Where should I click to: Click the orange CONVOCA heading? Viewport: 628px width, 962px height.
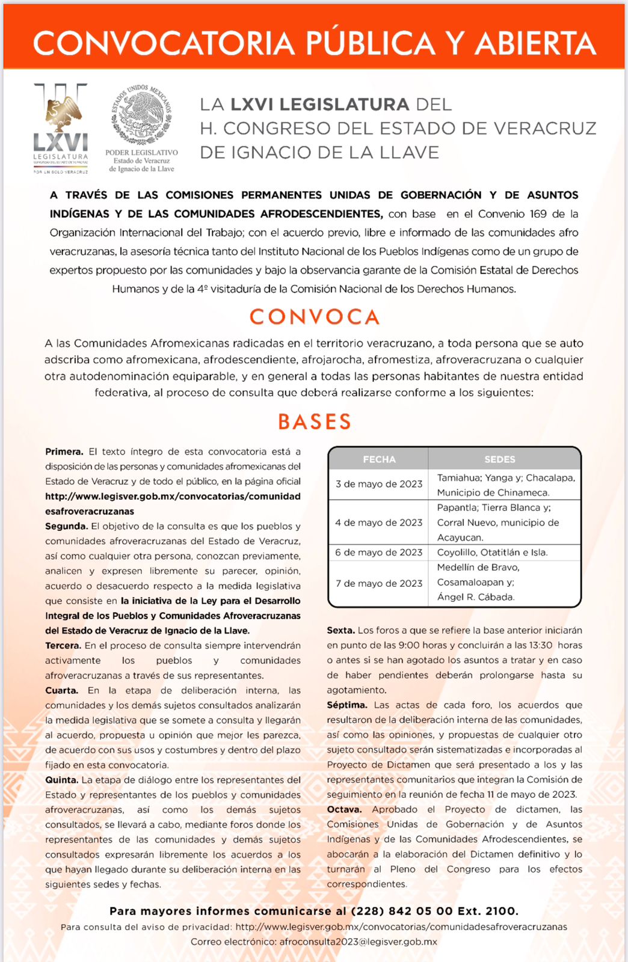click(314, 317)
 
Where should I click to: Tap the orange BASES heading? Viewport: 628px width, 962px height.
click(314, 422)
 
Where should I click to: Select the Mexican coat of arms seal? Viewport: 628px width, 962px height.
click(141, 115)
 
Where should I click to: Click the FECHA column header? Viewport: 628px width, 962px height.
click(379, 459)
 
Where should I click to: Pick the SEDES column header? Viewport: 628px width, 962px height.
click(500, 459)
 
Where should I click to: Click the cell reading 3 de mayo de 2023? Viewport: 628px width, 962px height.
click(379, 484)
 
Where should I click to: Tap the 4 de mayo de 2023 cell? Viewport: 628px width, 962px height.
click(379, 522)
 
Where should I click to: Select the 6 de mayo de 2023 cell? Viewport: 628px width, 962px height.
click(379, 553)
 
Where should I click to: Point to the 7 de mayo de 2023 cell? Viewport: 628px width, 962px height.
click(379, 583)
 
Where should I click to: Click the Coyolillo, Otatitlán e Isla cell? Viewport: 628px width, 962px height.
click(492, 553)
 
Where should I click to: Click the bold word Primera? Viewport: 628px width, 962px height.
click(64, 452)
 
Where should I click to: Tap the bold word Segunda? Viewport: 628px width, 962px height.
click(66, 526)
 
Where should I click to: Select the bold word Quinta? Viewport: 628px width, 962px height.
click(61, 780)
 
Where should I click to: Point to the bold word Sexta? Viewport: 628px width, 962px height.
click(340, 630)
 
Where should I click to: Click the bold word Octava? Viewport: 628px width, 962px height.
click(344, 809)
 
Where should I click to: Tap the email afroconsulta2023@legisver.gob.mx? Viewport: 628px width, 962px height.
click(358, 942)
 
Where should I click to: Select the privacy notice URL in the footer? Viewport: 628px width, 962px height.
click(401, 927)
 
